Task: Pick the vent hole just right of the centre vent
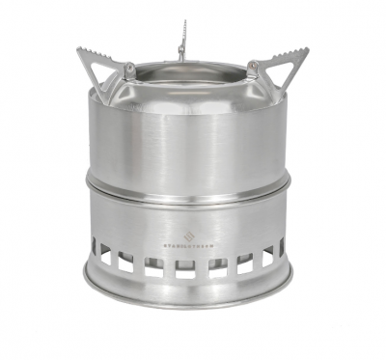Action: tap(217, 266)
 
